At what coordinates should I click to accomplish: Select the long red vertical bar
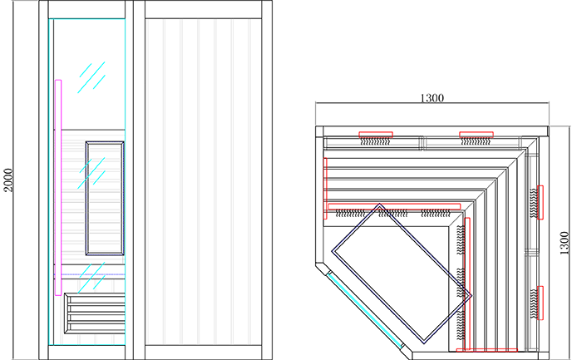469,283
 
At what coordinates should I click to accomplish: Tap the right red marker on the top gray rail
476,133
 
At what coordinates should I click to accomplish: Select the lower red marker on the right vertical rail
542,303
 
